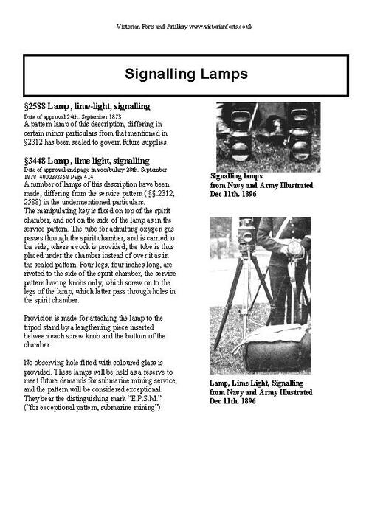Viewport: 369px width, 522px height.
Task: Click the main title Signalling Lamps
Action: tap(184, 74)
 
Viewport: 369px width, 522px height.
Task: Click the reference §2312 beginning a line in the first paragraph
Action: tap(35, 142)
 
